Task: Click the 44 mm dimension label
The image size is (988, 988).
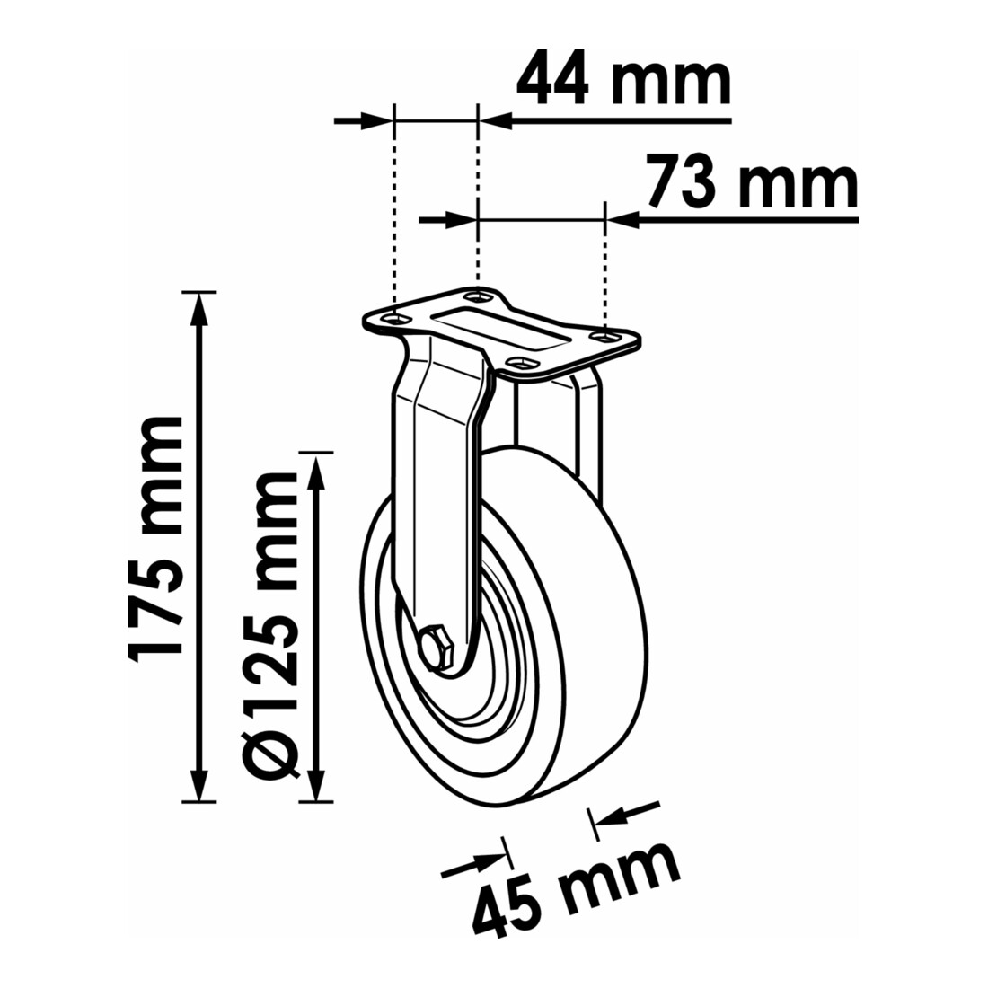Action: point(623,84)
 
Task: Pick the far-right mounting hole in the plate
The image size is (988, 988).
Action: point(604,338)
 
